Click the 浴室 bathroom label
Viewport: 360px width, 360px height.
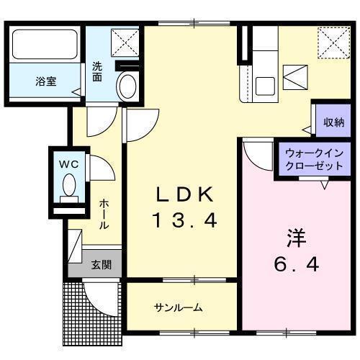(x=46, y=81)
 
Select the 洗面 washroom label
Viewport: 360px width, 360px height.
(x=97, y=72)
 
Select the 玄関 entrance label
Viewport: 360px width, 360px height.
(x=101, y=264)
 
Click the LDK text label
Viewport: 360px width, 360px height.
(x=185, y=194)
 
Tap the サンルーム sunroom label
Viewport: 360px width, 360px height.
(x=179, y=308)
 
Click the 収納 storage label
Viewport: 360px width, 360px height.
(x=333, y=122)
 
